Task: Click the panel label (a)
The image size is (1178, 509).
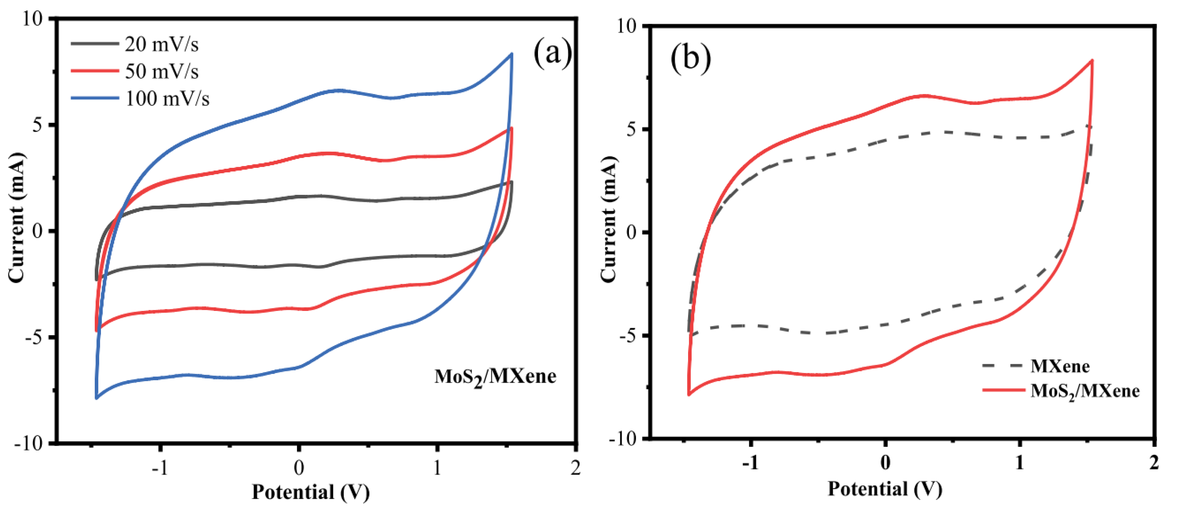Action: point(552,53)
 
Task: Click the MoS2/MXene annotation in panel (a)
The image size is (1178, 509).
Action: point(495,377)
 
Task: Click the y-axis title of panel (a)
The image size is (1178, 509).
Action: point(17,217)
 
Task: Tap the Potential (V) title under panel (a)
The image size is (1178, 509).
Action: point(311,493)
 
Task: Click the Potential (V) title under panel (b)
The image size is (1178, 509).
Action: point(885,489)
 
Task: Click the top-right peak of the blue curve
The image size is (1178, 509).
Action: point(511,54)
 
